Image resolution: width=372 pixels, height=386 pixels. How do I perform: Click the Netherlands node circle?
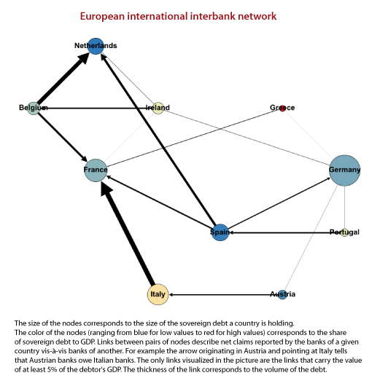coord(96,46)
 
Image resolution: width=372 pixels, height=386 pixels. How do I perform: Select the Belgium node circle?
coord(34,109)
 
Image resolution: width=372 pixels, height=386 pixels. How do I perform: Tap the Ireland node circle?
coord(158,109)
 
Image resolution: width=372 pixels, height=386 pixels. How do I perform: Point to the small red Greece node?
coord(282,109)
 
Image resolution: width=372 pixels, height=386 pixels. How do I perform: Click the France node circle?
coord(96,170)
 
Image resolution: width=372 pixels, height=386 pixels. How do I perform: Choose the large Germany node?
coord(344,170)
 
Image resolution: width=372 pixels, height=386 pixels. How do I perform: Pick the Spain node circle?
coord(220,232)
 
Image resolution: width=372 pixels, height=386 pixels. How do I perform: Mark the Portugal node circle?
coord(344,232)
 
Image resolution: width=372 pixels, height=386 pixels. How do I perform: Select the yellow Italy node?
coord(158,294)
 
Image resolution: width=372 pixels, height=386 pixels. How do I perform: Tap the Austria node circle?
coord(282,295)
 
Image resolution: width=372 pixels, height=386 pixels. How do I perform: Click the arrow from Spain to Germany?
coord(279,203)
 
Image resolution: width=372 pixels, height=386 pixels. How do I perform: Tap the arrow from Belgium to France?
coord(63,137)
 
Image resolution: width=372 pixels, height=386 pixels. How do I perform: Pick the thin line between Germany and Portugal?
coord(344,208)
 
